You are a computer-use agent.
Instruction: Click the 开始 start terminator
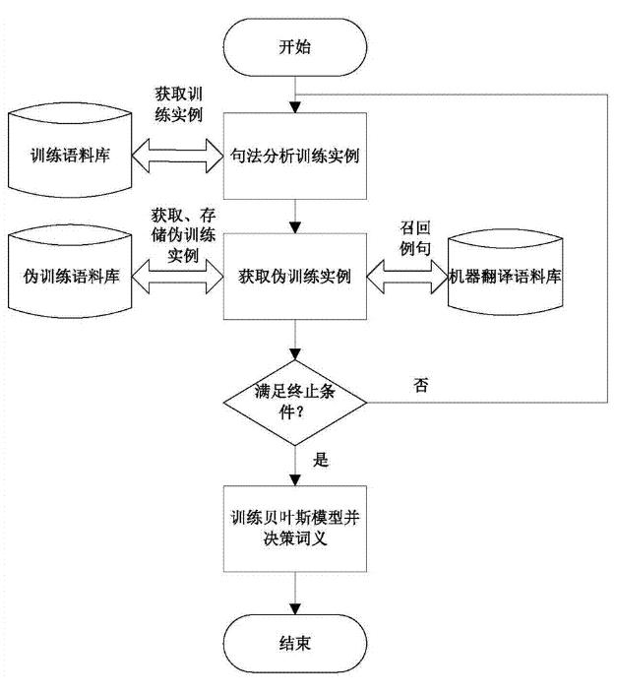pos(295,47)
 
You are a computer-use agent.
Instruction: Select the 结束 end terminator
pos(295,643)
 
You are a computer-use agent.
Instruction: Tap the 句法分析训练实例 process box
pos(295,156)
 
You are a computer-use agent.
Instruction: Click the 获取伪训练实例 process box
pos(295,277)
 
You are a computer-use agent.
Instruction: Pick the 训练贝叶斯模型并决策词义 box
pos(295,529)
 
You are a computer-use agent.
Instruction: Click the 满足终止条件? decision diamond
pos(295,403)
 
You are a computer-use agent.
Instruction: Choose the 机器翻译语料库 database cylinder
pos(505,273)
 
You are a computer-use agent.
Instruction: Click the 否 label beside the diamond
pos(420,385)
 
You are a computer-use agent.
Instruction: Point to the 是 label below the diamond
pos(321,460)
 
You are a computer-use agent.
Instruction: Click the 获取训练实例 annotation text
pos(179,104)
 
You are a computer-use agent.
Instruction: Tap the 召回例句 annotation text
pos(415,238)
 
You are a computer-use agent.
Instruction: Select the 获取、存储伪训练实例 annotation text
pos(183,235)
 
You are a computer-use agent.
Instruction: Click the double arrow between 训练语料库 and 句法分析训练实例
pos(178,156)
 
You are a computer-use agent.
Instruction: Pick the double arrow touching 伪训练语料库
pos(178,277)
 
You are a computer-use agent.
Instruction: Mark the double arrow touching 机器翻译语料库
pos(407,277)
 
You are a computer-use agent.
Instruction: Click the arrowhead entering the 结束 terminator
pos(295,609)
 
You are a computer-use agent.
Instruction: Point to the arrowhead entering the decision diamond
pos(295,354)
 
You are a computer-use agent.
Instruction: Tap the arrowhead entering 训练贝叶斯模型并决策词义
pos(295,480)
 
